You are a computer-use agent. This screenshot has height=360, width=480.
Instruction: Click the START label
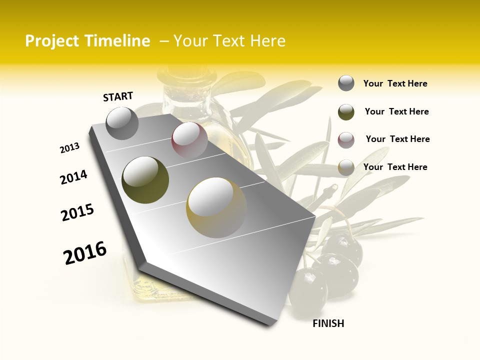118,96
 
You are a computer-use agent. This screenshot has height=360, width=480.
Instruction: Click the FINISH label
328,323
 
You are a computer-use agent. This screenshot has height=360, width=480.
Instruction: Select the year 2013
69,148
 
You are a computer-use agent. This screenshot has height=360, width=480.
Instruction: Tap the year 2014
73,177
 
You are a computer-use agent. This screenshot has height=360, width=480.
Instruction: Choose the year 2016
85,253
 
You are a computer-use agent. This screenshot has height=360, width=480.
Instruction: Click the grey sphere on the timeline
122,123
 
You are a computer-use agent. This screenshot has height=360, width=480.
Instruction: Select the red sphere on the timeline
189,139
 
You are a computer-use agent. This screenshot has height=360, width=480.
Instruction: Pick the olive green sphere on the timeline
145,180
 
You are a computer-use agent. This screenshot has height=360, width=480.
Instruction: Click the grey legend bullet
346,83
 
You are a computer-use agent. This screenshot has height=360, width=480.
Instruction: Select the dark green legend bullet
346,112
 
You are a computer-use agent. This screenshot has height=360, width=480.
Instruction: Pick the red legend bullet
346,140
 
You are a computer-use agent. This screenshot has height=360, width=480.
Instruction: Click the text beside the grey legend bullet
395,83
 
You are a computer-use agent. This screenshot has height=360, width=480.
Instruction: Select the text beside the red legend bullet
397,139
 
